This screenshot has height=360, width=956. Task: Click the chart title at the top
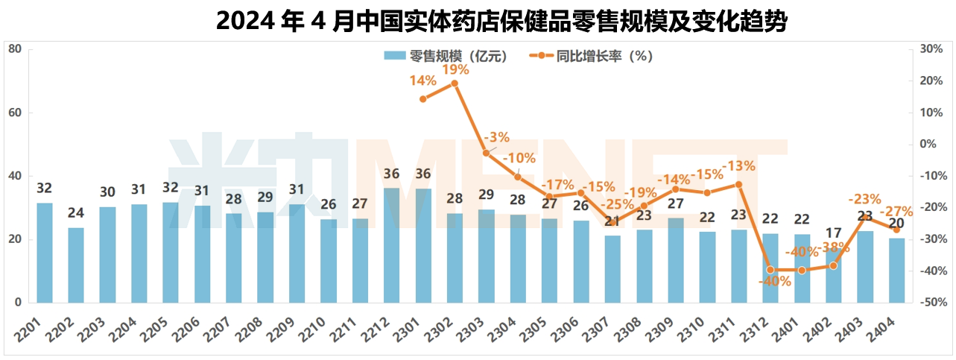(x=501, y=21)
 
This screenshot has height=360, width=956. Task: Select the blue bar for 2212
(x=391, y=246)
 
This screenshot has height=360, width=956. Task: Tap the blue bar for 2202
(x=76, y=265)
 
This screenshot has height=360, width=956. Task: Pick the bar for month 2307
(x=612, y=269)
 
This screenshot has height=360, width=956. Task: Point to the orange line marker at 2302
(x=455, y=83)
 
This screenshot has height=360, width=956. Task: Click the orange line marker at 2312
(x=770, y=270)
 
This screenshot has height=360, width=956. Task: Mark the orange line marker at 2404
(x=896, y=230)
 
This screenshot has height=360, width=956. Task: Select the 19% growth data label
(x=455, y=69)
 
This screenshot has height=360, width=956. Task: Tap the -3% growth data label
(x=496, y=137)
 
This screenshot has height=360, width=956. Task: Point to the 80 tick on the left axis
(x=14, y=49)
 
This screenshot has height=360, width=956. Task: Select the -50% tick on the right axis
(x=931, y=303)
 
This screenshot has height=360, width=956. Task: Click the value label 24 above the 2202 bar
(x=76, y=213)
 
